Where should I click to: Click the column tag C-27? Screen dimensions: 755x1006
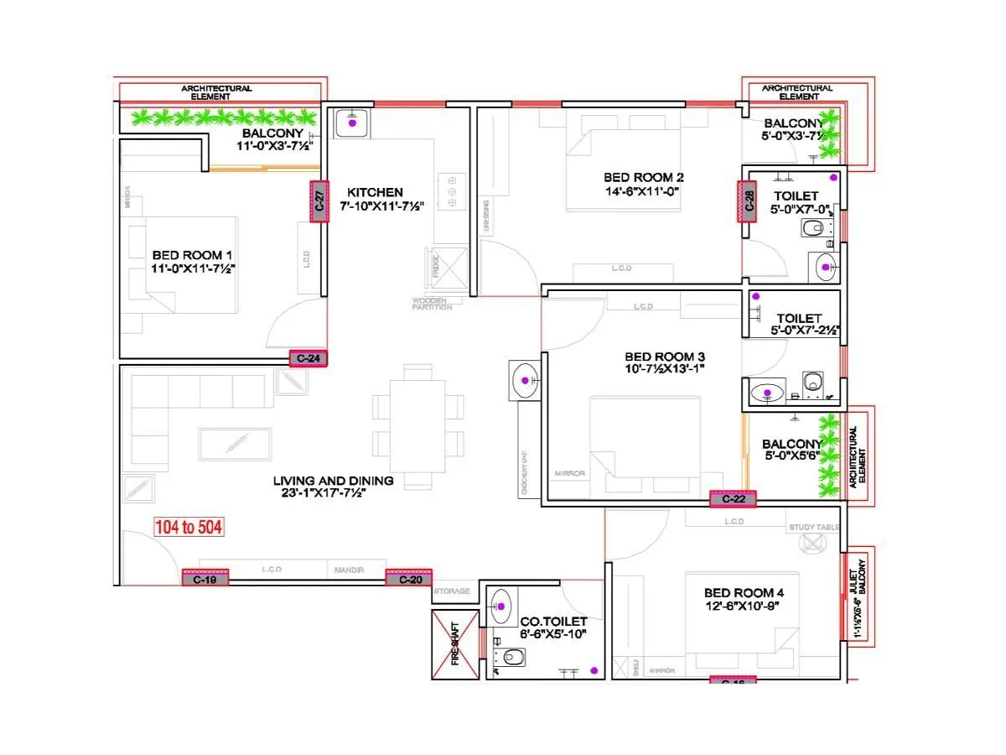point(319,202)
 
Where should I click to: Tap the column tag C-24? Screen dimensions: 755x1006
point(308,358)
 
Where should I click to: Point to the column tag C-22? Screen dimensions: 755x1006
point(733,499)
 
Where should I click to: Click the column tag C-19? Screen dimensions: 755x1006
point(205,578)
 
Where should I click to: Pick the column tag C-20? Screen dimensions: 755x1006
point(408,578)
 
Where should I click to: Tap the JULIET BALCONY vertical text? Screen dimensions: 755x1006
point(860,596)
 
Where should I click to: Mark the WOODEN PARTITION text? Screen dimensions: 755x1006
point(432,304)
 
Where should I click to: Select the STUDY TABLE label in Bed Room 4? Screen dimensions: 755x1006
point(813,528)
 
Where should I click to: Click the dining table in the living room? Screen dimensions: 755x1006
point(417,429)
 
